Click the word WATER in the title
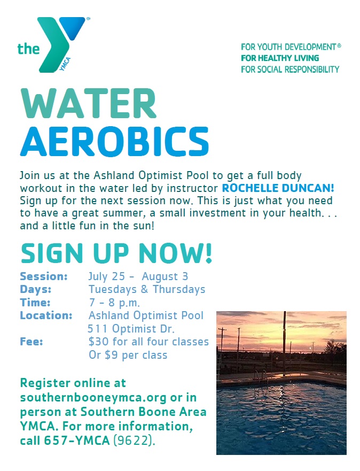click(89, 103)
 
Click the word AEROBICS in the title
click(114, 141)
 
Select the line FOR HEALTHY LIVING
click(280, 58)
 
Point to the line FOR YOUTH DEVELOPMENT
click(291, 47)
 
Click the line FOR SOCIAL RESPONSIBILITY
click(290, 70)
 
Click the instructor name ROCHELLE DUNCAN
click(278, 188)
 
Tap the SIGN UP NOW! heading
click(116, 253)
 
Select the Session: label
click(44, 276)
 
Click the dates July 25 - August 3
click(138, 276)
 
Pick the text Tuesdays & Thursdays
click(147, 289)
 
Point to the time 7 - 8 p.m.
click(114, 303)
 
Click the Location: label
click(46, 315)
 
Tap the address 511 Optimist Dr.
click(131, 329)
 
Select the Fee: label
click(32, 342)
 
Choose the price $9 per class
click(136, 355)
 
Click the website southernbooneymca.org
click(93, 397)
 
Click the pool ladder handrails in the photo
click(261, 375)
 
